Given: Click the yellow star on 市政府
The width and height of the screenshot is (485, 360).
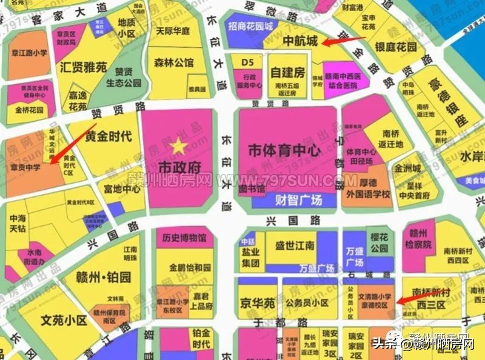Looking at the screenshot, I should [178, 145].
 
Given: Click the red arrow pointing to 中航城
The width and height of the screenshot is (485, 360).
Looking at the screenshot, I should [343, 41].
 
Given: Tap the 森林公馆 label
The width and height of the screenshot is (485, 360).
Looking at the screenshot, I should [173, 62].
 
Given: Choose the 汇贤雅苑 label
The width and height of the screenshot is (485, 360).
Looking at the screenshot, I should [83, 67].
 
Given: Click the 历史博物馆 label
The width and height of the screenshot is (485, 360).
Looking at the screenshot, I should [184, 237].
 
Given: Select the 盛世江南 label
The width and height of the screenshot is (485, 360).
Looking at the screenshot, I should [295, 245].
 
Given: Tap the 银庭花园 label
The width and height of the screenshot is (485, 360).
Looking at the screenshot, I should [396, 47].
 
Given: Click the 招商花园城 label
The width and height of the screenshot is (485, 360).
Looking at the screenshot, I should [250, 27].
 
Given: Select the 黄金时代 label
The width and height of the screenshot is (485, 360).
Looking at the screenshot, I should [109, 136].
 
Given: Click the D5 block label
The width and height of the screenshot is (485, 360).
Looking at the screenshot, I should [247, 62].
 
